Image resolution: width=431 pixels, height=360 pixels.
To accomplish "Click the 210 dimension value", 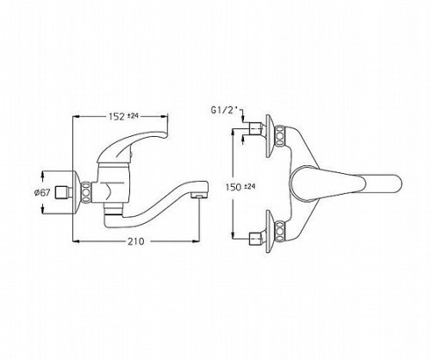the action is click(x=135, y=241).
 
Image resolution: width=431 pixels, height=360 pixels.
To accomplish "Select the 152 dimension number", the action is click(x=116, y=116).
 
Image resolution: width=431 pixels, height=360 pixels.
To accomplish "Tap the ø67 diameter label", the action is click(x=41, y=193).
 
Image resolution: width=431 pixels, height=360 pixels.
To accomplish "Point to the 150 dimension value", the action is click(x=234, y=188).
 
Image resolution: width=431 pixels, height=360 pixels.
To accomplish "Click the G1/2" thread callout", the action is click(x=225, y=109).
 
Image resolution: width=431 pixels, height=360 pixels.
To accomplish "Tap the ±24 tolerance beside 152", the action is click(x=134, y=115).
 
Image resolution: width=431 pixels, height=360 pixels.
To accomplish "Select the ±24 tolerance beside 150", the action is click(x=250, y=186).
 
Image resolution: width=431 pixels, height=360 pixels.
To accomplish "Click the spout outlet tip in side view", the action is click(x=199, y=196).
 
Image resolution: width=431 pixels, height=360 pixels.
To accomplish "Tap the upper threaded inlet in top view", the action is click(x=256, y=128).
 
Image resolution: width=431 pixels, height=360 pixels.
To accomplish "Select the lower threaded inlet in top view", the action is click(x=256, y=239).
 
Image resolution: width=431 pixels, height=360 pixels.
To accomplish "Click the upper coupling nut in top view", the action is click(x=279, y=135).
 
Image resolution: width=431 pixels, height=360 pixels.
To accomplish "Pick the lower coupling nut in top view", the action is click(x=279, y=231).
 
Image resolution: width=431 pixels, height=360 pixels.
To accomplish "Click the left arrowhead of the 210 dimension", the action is click(x=76, y=241).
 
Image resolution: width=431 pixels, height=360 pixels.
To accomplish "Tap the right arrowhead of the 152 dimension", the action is click(x=164, y=116).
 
